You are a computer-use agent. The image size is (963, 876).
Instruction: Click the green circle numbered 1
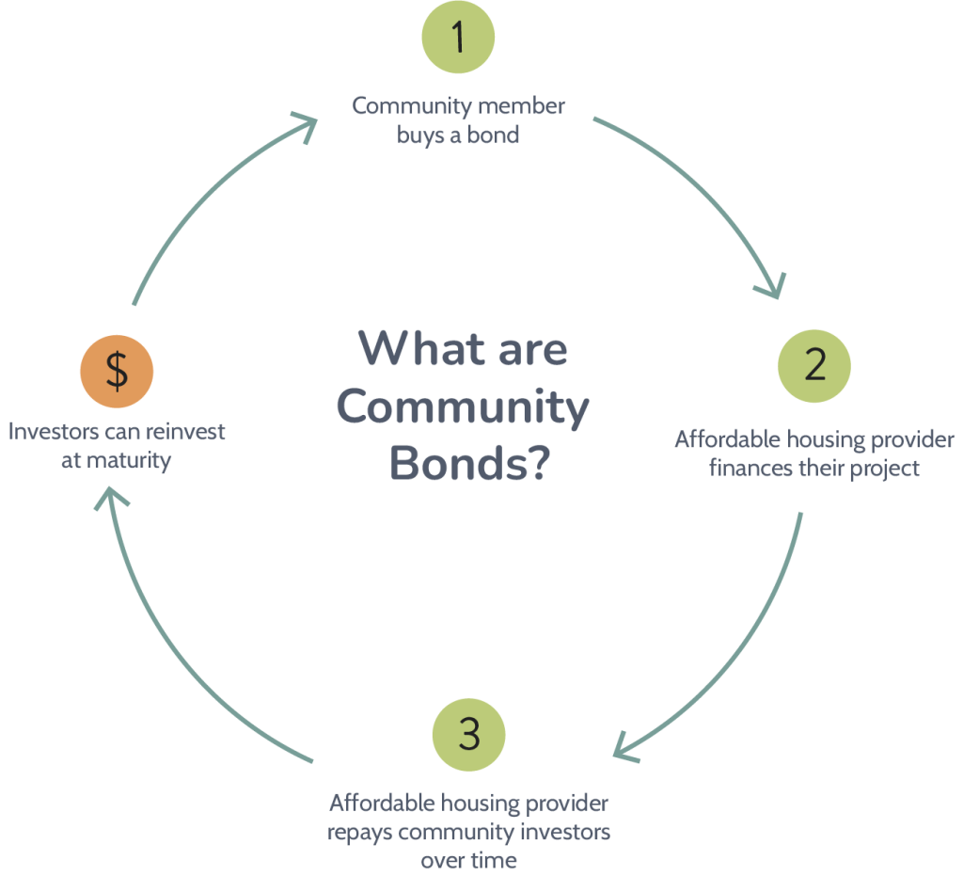[x=458, y=38]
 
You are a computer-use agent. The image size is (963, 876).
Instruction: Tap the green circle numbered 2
[x=814, y=364]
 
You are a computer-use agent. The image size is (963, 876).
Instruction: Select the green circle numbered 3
[x=468, y=734]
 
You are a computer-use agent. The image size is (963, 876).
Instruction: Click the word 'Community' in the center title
[x=463, y=407]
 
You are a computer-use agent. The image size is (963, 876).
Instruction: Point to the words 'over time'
[x=468, y=861]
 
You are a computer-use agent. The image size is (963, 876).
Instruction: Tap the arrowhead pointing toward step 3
[x=626, y=750]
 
